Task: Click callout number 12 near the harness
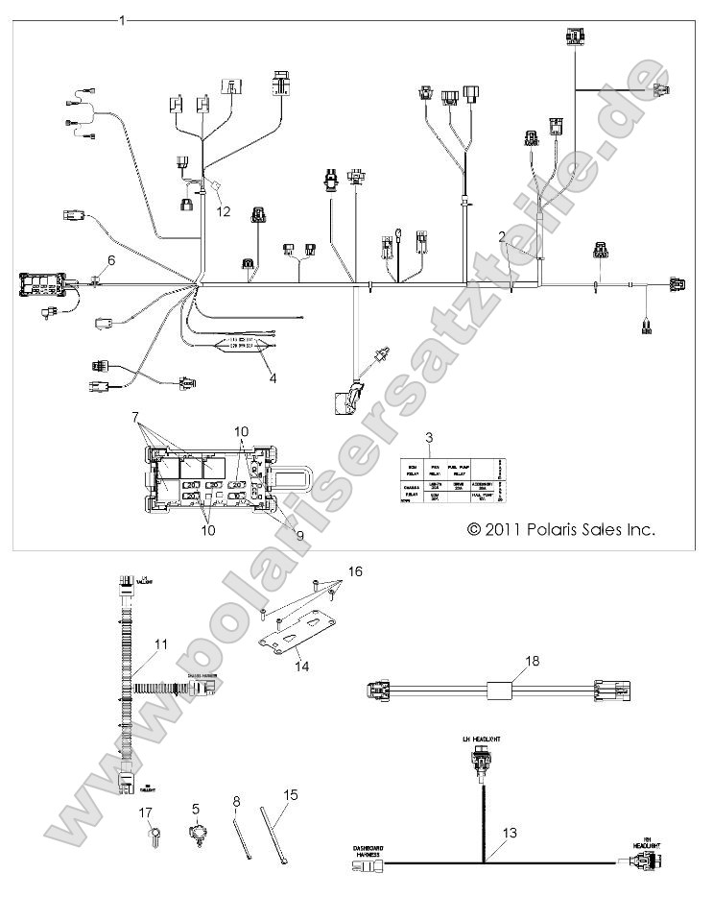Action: pos(224,210)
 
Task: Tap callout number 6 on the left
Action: pos(110,260)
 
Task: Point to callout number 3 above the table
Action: pos(431,438)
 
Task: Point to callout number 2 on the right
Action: pos(501,235)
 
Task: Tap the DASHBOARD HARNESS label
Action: pos(369,851)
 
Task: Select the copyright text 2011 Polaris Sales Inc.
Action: pos(560,529)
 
